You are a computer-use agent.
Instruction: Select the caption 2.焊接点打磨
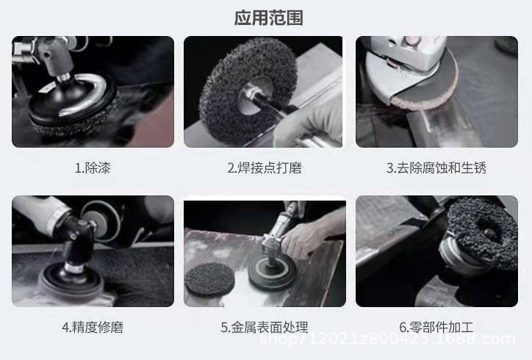click(x=264, y=168)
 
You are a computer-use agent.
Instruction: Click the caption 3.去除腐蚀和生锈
click(x=436, y=168)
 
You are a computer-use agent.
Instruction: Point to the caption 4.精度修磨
click(x=92, y=327)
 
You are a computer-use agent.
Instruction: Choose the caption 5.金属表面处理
click(x=264, y=327)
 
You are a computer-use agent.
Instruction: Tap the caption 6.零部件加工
click(x=436, y=327)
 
